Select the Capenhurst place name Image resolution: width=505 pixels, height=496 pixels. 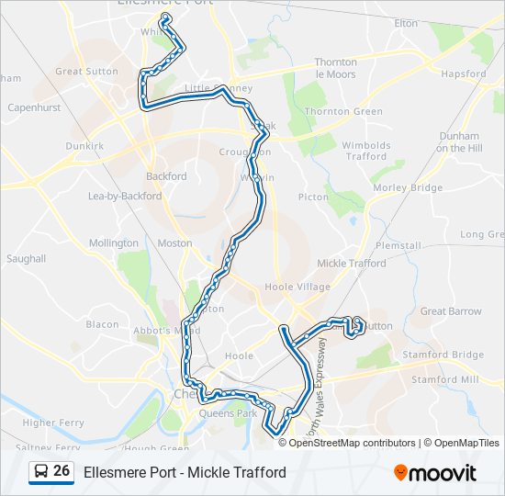coord(34,107)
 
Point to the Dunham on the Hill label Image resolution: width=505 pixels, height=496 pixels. coord(459,141)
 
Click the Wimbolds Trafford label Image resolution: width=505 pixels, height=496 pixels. coord(366,151)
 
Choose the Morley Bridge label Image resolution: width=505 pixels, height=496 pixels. coord(408,187)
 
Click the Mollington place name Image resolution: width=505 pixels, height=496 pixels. coord(114,243)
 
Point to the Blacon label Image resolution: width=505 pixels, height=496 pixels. coord(102,324)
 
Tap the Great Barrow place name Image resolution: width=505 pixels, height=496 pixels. coord(451,311)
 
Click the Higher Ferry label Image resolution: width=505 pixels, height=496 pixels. coord(52,423)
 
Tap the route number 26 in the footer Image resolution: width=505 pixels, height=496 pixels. coord(62,471)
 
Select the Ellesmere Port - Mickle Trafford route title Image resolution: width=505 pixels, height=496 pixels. coord(185,472)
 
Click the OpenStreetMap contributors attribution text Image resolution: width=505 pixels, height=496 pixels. coord(353,443)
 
